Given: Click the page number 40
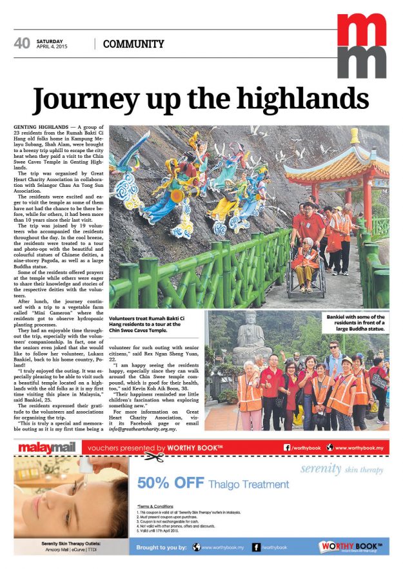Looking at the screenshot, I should [22, 43].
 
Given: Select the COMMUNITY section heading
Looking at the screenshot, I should [133, 44].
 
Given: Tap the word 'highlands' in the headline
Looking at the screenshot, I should [302, 99].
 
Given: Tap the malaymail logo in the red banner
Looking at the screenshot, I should [46, 447].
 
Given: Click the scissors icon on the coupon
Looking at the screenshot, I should [153, 458].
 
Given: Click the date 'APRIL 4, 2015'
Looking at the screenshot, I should [53, 47].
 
